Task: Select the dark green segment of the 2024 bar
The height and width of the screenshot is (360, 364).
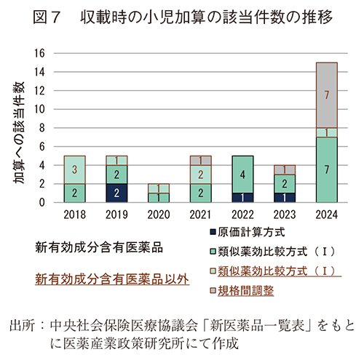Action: [x=327, y=169]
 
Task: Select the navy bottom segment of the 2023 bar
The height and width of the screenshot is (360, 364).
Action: [x=284, y=198]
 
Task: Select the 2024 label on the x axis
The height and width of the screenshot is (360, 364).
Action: [x=327, y=215]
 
